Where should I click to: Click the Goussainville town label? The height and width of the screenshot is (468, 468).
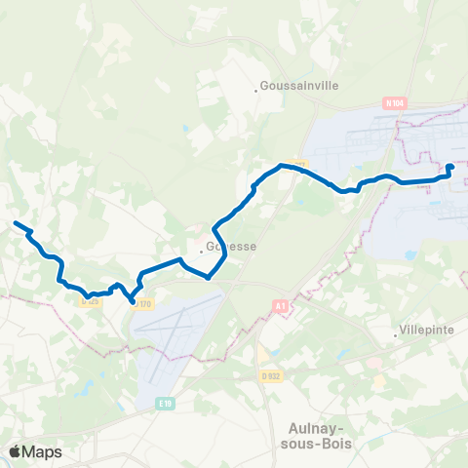pos(298,86)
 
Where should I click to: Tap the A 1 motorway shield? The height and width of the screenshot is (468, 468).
pos(281,306)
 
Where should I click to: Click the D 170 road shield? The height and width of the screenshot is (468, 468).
pos(144,304)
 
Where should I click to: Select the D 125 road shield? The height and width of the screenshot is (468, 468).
pos(90,300)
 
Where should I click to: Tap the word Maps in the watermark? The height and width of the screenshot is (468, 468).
pos(43,451)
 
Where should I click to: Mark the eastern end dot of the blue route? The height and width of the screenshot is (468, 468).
pos(450,168)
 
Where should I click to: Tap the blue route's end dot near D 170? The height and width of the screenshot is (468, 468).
pos(133,302)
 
